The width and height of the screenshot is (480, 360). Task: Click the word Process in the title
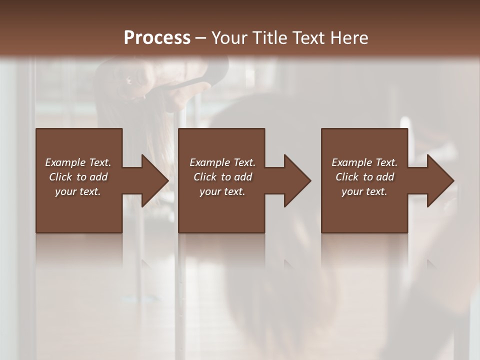[157, 37]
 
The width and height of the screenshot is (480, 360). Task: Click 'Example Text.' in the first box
[78, 162]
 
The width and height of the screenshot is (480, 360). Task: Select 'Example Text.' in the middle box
[222, 162]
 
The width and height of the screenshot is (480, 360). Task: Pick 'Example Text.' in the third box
[364, 162]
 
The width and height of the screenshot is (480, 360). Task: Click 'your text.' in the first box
[78, 191]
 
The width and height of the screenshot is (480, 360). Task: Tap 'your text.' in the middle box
[222, 191]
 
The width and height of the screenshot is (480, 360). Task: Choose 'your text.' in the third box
[364, 191]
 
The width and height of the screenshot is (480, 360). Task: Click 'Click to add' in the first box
[78, 177]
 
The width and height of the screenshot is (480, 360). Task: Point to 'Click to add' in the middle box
[222, 177]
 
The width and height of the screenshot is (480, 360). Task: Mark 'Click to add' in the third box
[364, 177]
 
